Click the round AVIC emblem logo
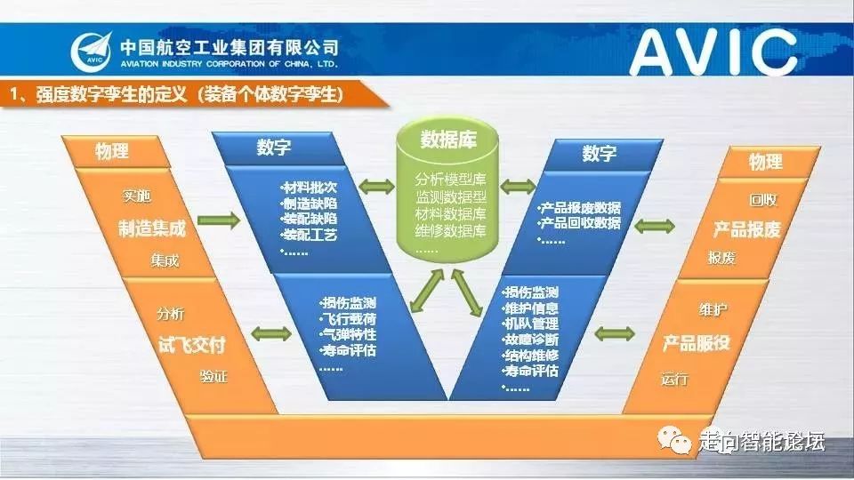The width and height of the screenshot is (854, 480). (93, 51)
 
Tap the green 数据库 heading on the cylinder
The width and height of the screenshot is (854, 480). (450, 139)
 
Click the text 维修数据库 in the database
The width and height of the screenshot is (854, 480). (450, 231)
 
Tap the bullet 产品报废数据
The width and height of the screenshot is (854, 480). (582, 207)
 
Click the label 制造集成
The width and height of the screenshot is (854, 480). (152, 228)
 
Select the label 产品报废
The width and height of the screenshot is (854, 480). (746, 229)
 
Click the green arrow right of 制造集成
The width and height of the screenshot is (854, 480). (221, 219)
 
